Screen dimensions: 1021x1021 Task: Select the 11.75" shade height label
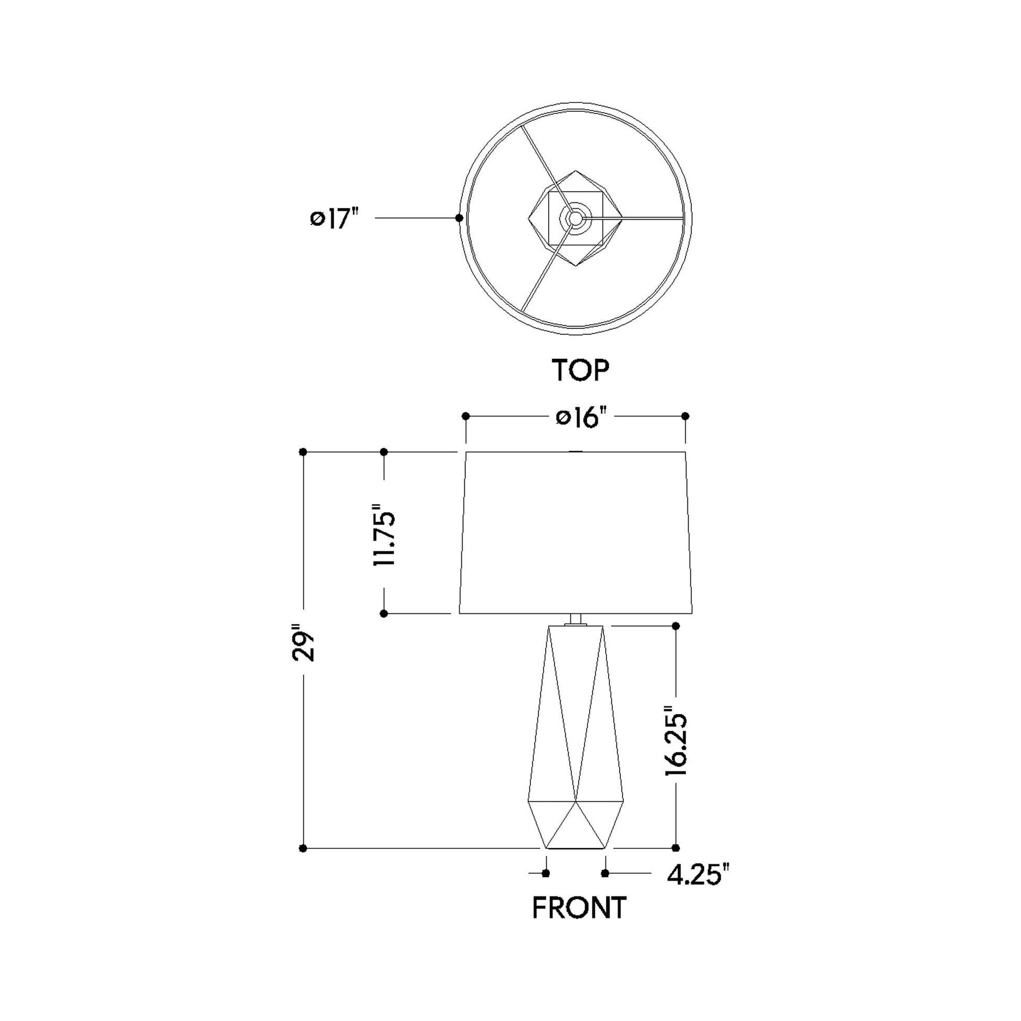click(x=385, y=538)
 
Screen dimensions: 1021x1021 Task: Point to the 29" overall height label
click(x=303, y=645)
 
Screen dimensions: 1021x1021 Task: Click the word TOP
click(x=580, y=370)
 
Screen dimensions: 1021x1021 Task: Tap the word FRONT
click(x=579, y=908)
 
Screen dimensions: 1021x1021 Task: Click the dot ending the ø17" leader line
click(x=459, y=218)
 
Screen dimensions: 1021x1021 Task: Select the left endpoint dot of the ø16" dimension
click(x=465, y=417)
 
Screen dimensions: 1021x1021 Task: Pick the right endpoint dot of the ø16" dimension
click(x=685, y=417)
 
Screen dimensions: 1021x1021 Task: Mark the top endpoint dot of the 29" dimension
click(x=303, y=452)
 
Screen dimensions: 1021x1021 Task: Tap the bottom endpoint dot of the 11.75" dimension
click(x=384, y=613)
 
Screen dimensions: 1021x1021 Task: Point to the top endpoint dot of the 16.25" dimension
click(x=675, y=626)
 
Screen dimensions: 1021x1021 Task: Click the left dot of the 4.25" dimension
click(x=546, y=874)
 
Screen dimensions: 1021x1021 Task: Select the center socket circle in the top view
click(x=575, y=217)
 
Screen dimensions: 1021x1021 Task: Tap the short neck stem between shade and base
click(x=576, y=619)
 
